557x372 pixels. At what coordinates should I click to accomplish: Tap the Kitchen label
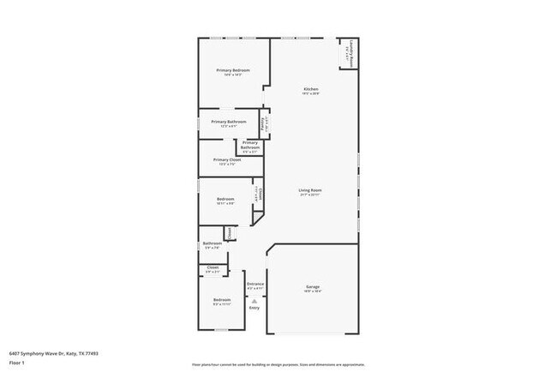(311, 90)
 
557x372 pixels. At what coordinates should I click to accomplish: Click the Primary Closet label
(226, 159)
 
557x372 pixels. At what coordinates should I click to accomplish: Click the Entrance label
(255, 284)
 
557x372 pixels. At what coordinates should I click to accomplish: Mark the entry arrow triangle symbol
(255, 300)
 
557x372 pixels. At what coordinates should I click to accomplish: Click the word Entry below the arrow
(255, 308)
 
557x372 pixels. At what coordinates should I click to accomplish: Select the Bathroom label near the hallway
(212, 243)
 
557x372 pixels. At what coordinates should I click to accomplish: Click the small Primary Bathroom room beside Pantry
(249, 145)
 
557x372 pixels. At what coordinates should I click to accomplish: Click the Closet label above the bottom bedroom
(212, 269)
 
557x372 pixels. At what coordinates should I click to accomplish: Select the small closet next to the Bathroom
(230, 231)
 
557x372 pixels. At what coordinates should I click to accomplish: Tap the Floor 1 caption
(18, 363)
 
